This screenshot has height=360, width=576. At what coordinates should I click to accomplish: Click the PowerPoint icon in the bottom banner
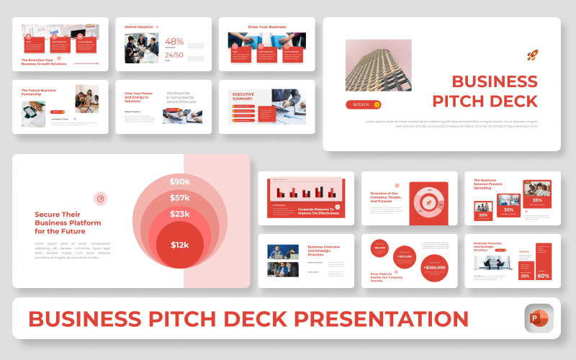(539, 318)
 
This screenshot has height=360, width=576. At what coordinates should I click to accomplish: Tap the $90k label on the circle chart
(180, 181)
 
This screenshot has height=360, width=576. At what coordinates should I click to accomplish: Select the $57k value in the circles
(180, 197)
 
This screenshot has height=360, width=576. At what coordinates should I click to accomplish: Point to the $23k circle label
(180, 214)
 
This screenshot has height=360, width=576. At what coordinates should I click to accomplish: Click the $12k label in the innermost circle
(180, 245)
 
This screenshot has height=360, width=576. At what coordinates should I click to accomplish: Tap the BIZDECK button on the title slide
(363, 104)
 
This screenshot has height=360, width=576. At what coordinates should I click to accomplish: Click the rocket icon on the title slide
(532, 55)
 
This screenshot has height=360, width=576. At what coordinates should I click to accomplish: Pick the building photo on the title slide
(379, 65)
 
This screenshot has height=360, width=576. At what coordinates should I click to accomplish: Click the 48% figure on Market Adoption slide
(174, 42)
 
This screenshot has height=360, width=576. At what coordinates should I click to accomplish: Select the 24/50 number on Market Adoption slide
(174, 55)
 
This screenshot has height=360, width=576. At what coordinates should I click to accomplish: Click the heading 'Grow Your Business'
(267, 27)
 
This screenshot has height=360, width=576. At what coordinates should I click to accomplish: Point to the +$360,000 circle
(434, 267)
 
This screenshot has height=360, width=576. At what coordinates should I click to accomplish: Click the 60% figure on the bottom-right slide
(544, 276)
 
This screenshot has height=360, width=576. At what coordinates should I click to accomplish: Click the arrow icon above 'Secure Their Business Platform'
(101, 199)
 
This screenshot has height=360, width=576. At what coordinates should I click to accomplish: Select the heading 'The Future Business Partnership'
(38, 91)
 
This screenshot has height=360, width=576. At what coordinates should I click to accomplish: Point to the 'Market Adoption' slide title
(140, 27)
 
